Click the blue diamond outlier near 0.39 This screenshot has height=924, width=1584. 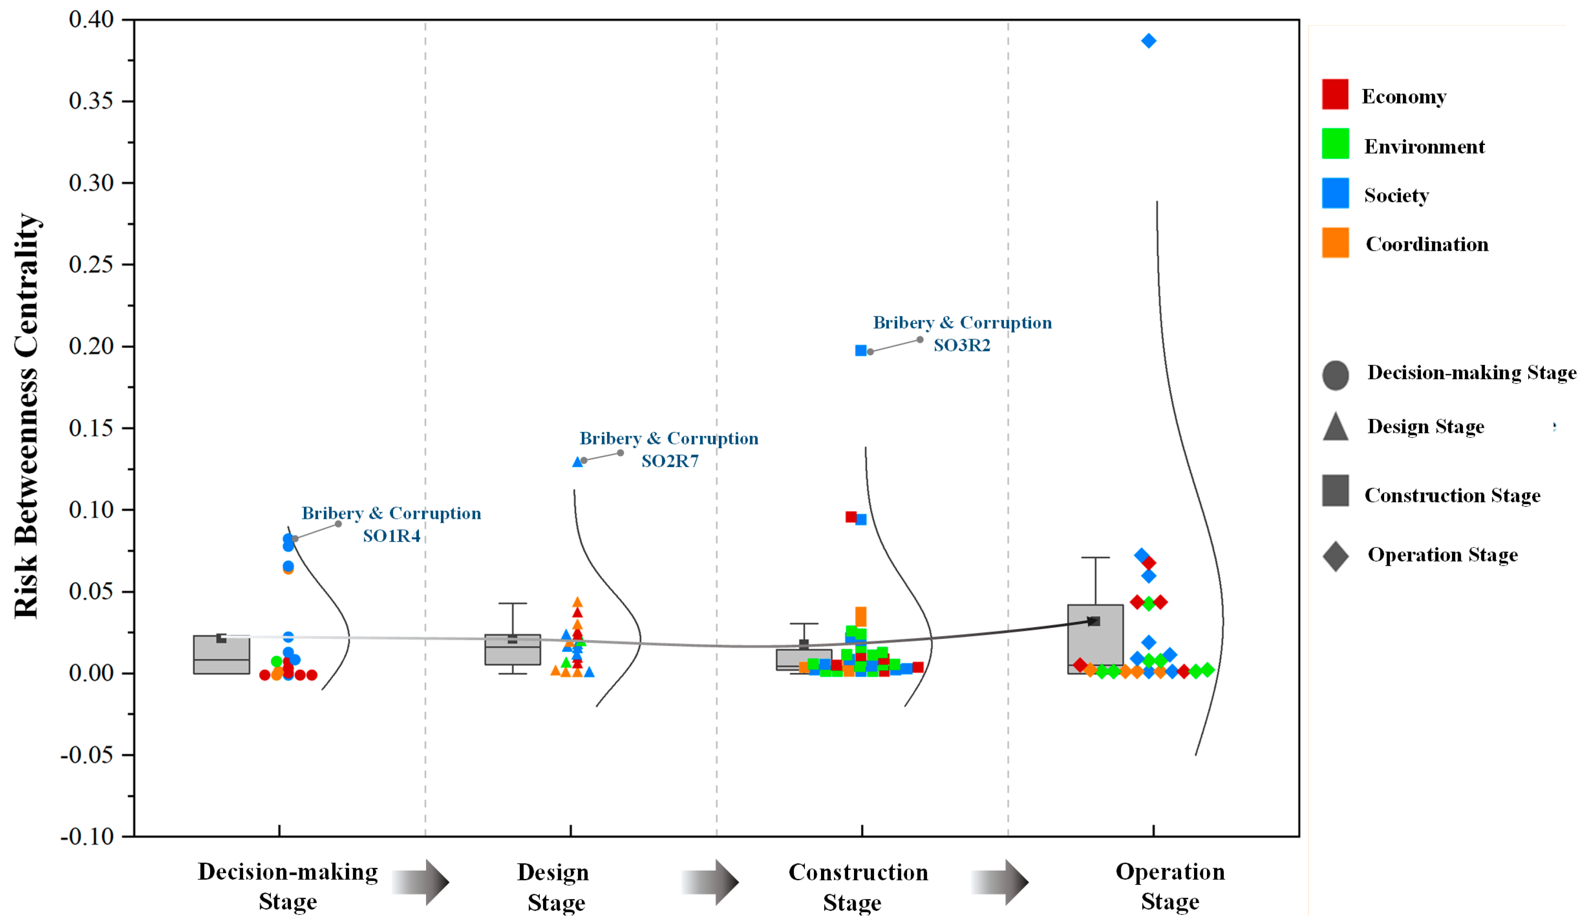click(1149, 41)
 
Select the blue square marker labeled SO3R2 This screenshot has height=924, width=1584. click(861, 350)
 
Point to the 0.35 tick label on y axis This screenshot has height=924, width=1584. click(91, 100)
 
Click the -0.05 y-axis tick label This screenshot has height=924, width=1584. click(87, 754)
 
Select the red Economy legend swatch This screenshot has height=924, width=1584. click(1335, 94)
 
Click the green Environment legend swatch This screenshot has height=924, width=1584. click(1335, 143)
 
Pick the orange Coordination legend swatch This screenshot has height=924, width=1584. click(1335, 243)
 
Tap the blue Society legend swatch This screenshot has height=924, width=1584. click(1335, 193)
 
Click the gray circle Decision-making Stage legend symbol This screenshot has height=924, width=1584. click(1335, 375)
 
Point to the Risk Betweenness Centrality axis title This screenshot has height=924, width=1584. click(26, 415)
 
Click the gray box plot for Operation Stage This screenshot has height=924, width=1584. click(1095, 639)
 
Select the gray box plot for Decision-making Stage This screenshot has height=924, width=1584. click(221, 655)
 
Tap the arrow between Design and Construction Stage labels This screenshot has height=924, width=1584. click(710, 883)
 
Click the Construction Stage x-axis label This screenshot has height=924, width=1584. click(858, 886)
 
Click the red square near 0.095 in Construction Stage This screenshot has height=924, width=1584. click(851, 517)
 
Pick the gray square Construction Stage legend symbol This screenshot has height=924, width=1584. click(1335, 490)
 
